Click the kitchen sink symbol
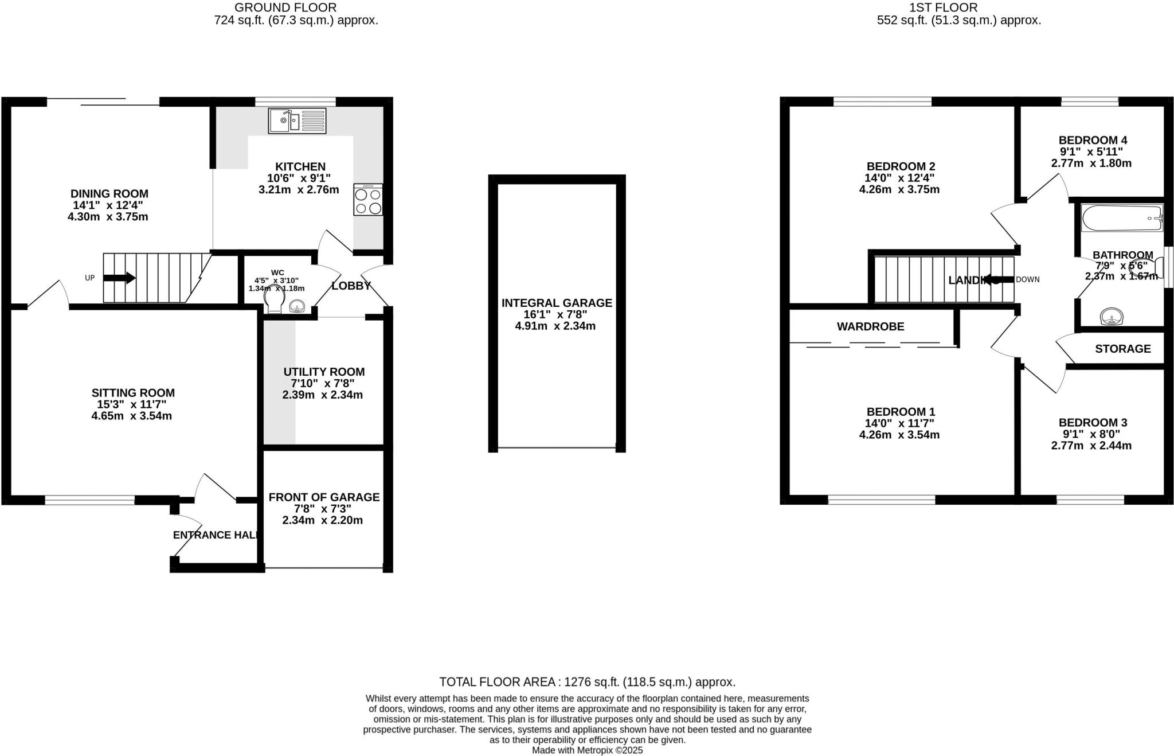point(297,121)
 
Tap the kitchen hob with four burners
point(368,200)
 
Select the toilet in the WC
point(275,301)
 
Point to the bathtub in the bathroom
point(1122,218)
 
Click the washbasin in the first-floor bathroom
point(1112,316)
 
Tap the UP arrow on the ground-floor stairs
point(119,278)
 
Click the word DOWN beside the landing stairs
point(1027,280)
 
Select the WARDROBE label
point(870,327)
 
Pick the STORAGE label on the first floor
point(1122,349)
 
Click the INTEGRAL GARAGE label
point(557,303)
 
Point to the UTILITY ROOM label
point(324,372)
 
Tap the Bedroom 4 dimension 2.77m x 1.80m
point(1091,163)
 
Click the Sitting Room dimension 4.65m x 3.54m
point(132,416)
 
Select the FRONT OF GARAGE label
point(324,497)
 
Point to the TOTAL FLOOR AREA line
point(587,682)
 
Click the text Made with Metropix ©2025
point(587,750)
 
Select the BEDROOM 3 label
point(1093,423)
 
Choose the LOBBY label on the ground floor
point(351,286)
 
